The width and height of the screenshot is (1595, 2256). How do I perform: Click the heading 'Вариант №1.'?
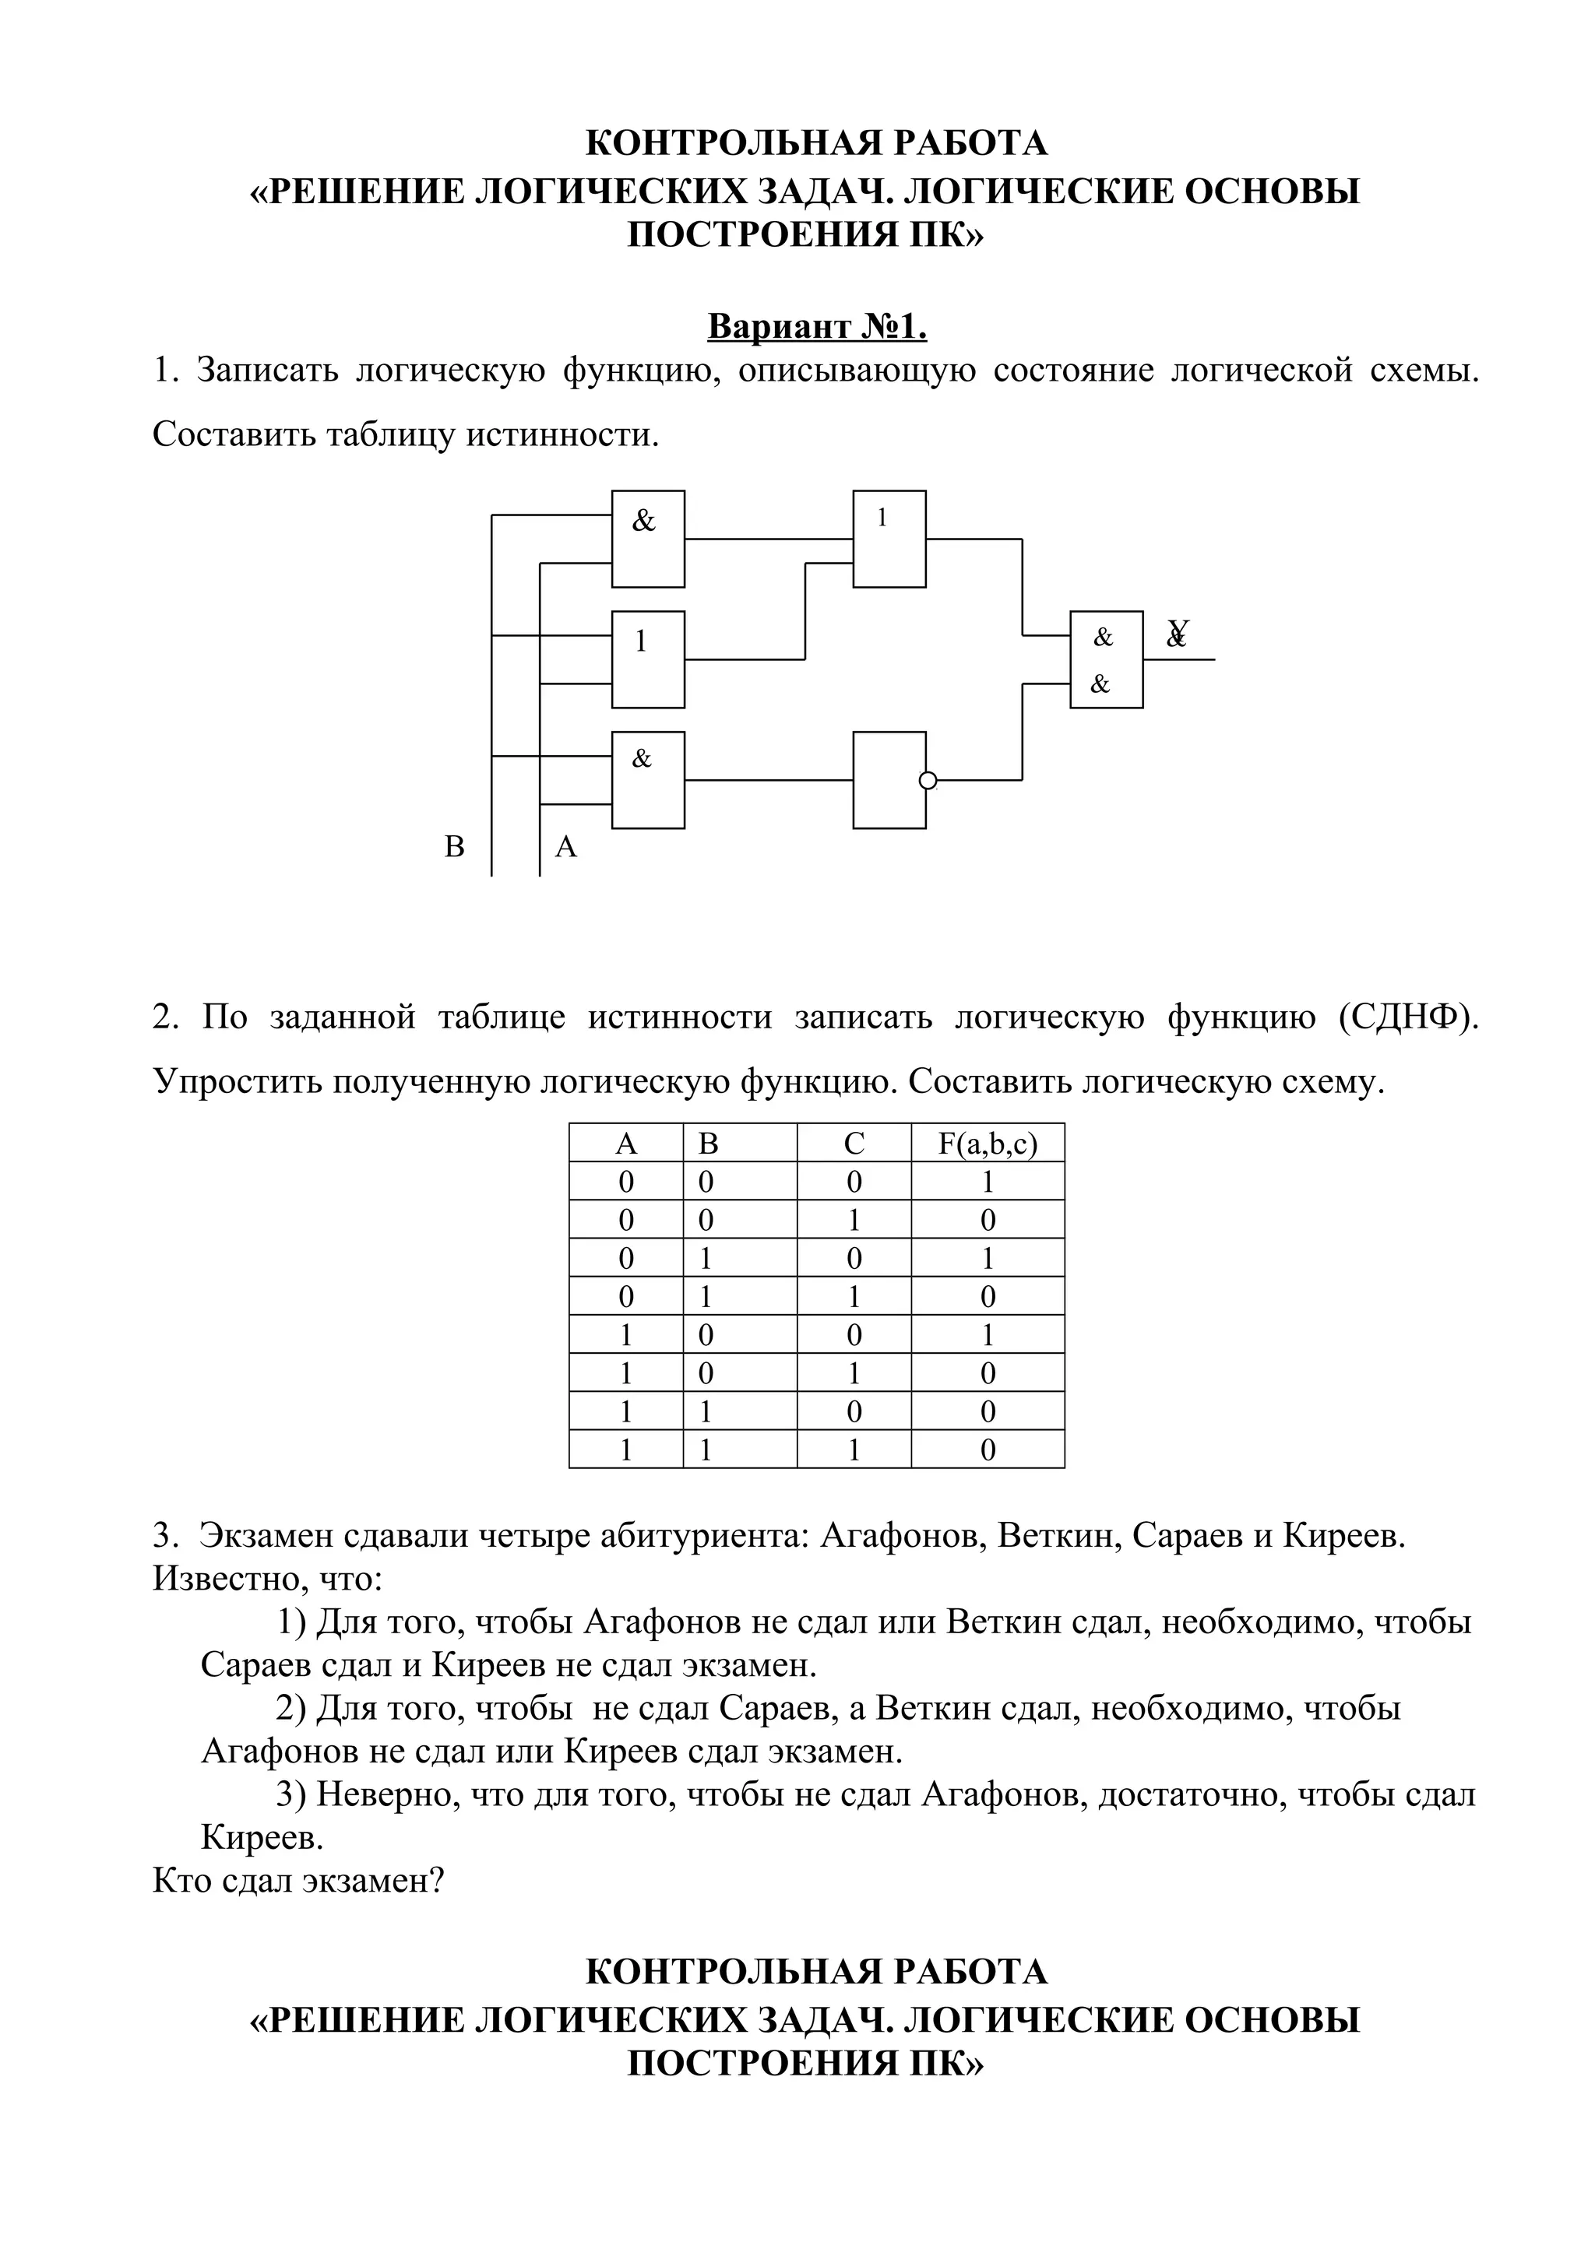point(817,326)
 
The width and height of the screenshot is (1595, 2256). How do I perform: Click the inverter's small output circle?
point(928,780)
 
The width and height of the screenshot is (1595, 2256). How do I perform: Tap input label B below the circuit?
point(454,846)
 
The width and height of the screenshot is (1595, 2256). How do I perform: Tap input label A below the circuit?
point(566,846)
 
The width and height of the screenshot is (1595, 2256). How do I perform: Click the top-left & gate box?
point(648,539)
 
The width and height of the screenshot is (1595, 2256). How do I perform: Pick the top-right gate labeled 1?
point(889,539)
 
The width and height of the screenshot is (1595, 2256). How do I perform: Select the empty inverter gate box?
point(889,780)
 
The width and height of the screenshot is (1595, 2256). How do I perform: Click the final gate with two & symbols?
point(1106,659)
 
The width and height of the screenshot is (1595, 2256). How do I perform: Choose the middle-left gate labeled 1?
point(648,659)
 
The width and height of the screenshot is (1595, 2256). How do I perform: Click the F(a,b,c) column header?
point(988,1143)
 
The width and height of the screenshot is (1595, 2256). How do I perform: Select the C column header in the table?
point(854,1143)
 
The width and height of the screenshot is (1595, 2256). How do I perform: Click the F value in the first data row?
point(988,1182)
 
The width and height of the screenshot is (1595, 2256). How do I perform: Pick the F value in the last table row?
point(988,1450)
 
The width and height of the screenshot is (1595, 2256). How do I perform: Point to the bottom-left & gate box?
point(648,780)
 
